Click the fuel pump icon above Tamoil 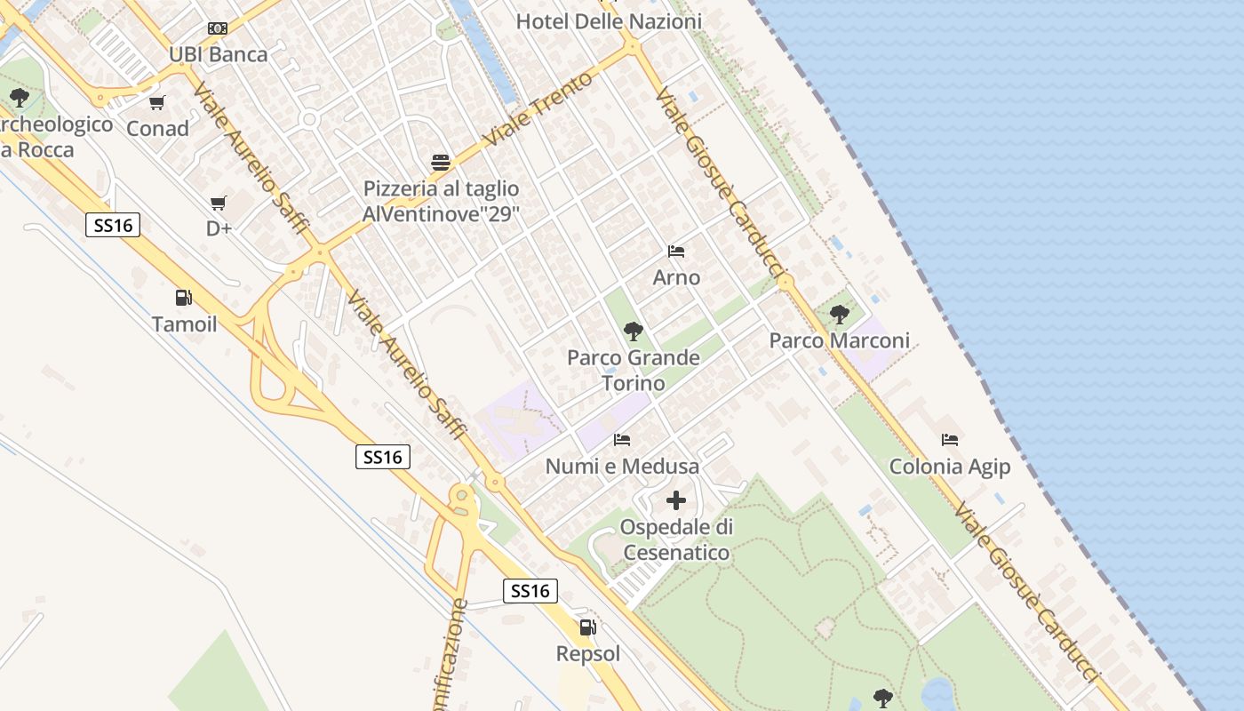[183, 298]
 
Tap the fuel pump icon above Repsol [587, 627]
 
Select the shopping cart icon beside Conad [157, 103]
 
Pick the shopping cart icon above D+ [219, 204]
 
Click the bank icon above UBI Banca [218, 28]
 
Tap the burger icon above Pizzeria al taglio [441, 163]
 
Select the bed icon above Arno [676, 252]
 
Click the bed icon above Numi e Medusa [622, 440]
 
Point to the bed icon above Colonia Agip [950, 440]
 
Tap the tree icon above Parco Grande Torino [634, 332]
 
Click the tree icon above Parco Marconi [839, 315]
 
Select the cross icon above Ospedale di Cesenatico [676, 500]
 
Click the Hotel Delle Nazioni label [609, 21]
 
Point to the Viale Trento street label [538, 110]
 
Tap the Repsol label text [587, 654]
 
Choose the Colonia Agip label [950, 467]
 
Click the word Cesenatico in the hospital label [676, 553]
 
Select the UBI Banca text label [218, 54]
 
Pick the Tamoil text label [184, 324]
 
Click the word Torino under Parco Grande [634, 384]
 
